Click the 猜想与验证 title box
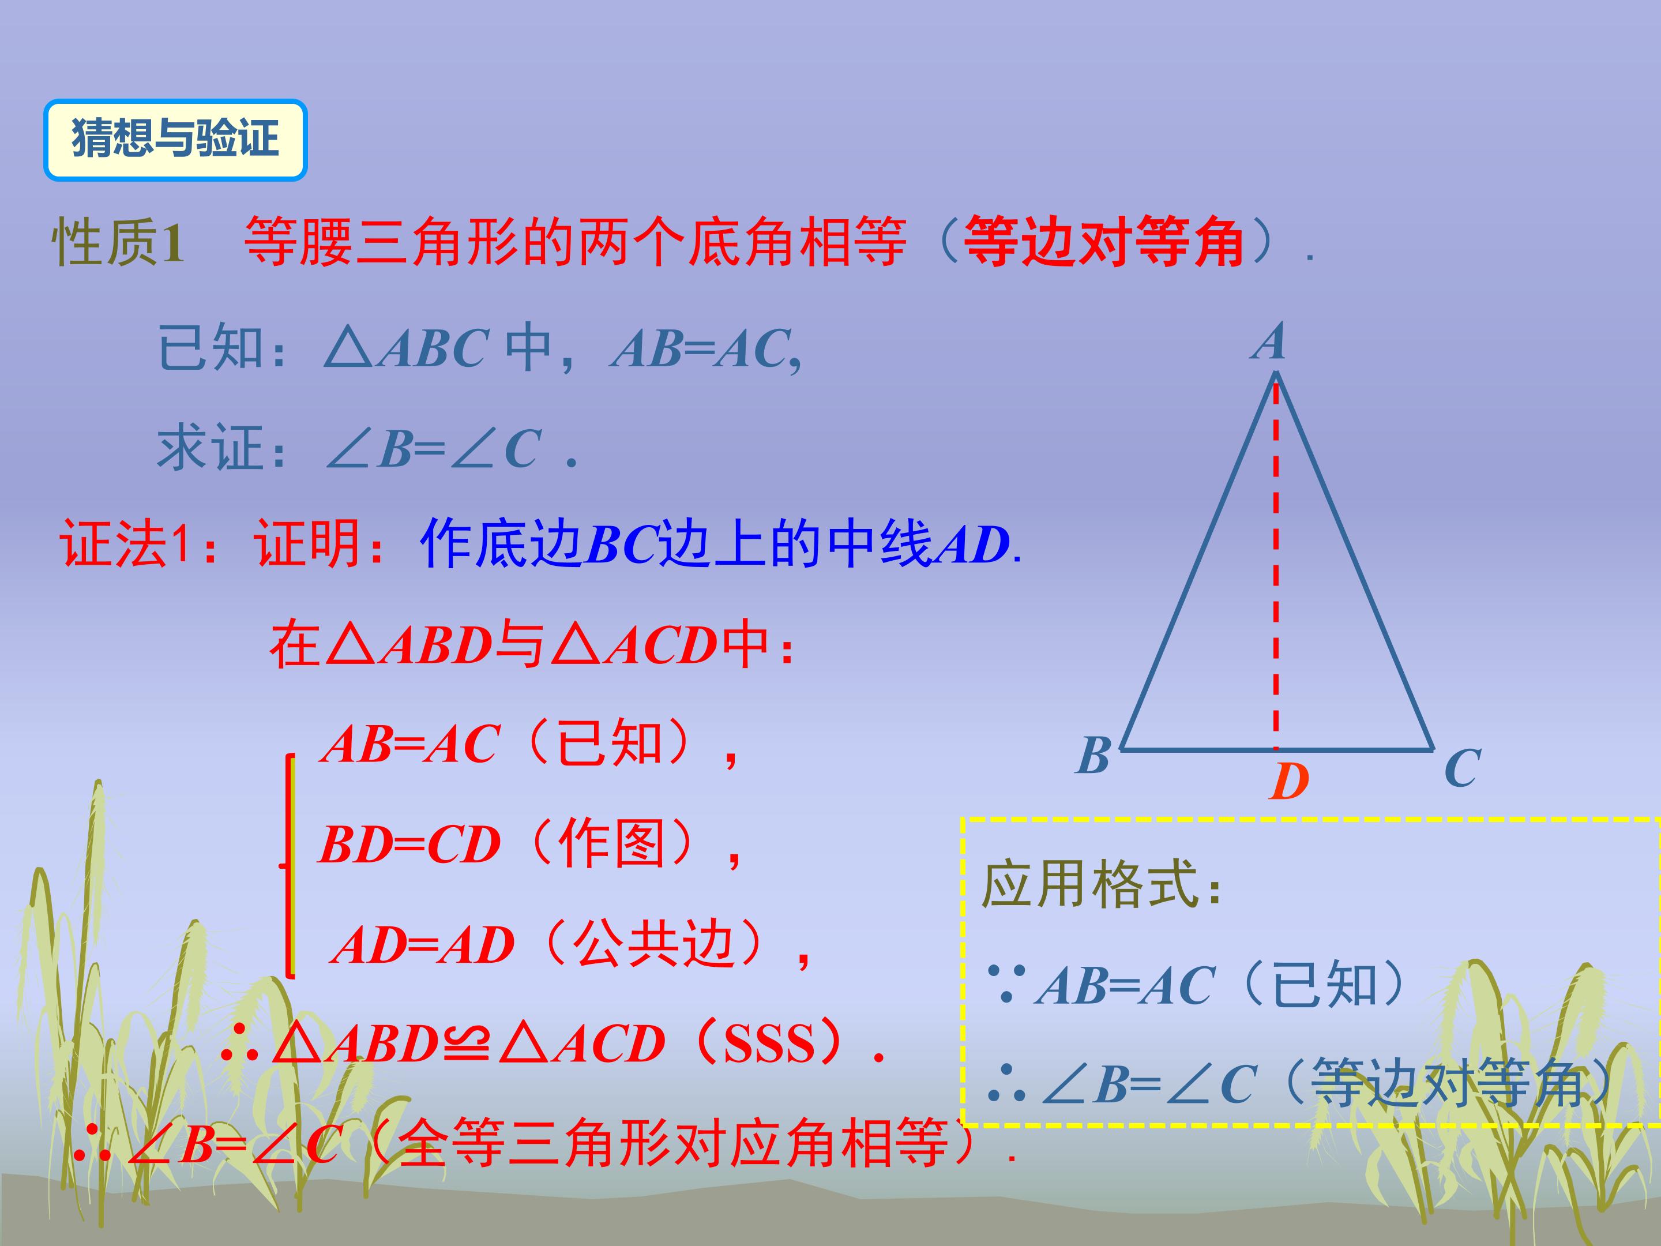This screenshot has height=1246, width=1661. point(175,140)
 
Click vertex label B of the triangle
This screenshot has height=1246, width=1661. point(1093,755)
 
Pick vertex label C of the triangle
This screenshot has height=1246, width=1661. point(1461,768)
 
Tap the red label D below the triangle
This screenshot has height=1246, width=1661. point(1290,782)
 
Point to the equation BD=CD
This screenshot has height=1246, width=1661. point(409,845)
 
